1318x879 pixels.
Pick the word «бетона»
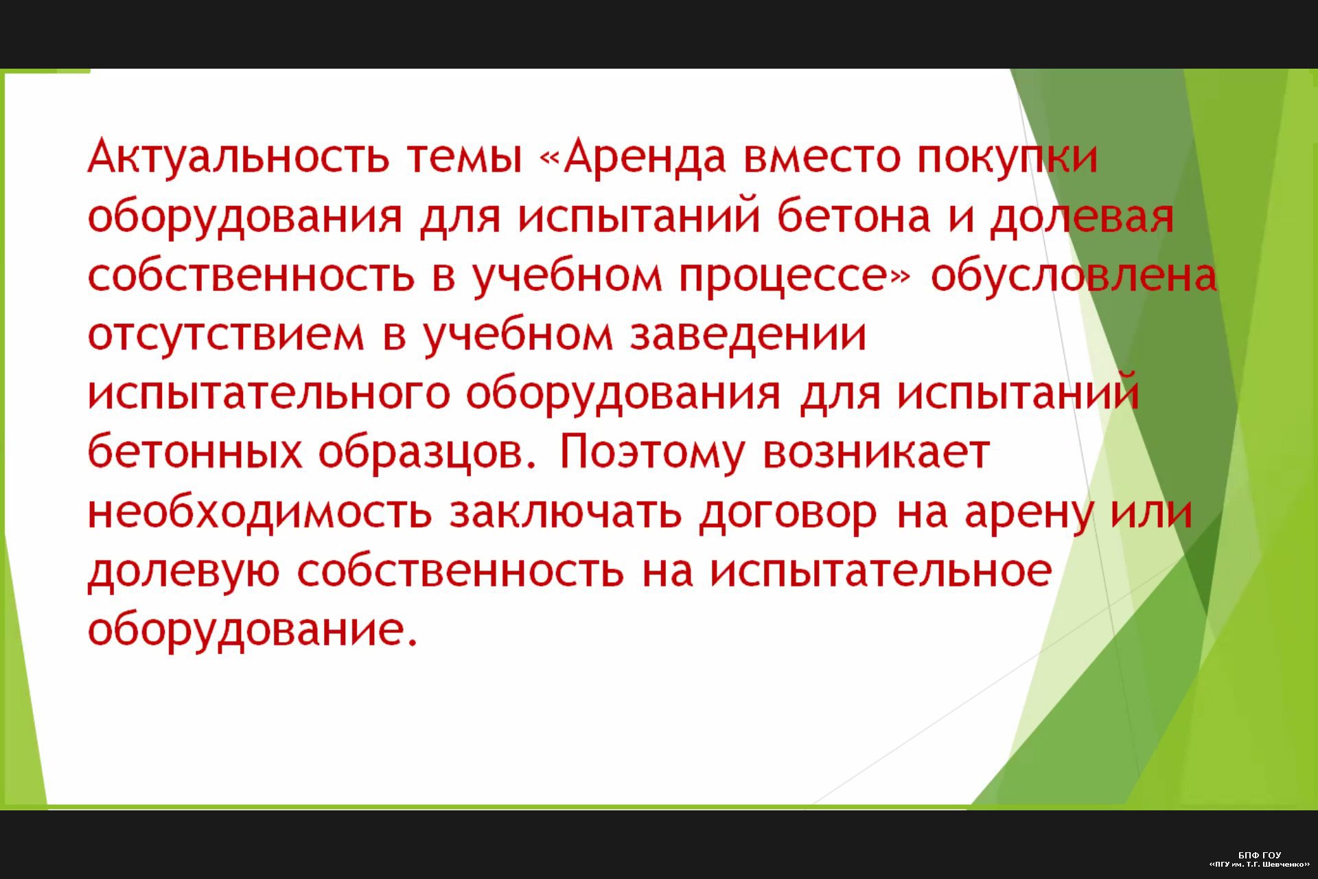[x=854, y=215]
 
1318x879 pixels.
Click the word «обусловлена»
[x=1073, y=276]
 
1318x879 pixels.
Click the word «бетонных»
[x=194, y=452]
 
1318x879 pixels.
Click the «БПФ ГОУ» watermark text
[x=1260, y=855]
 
